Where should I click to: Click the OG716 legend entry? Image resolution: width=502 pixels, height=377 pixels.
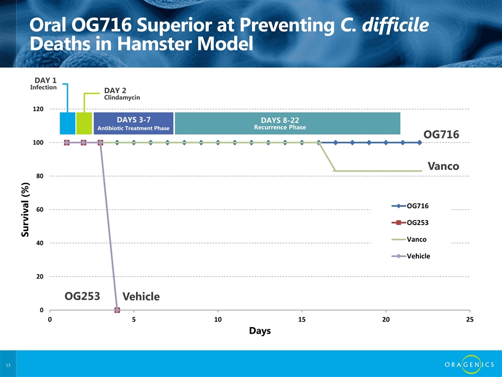tap(421, 206)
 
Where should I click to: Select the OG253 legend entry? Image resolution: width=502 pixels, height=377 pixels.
tap(421, 223)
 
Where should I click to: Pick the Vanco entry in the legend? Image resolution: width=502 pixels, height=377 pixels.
tap(416, 239)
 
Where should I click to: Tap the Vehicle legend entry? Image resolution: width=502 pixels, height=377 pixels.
tap(418, 256)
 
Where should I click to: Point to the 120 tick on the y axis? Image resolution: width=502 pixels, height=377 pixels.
tap(38, 109)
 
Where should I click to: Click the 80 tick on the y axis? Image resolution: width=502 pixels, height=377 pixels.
tap(40, 176)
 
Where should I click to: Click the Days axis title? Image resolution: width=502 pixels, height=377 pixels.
tap(259, 331)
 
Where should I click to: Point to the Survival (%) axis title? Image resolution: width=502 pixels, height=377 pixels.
tap(25, 209)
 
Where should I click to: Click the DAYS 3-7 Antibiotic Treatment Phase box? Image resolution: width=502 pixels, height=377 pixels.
tap(133, 123)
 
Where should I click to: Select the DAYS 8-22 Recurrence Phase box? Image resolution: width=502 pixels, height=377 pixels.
tap(288, 123)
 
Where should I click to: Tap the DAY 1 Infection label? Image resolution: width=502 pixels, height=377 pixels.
tap(45, 84)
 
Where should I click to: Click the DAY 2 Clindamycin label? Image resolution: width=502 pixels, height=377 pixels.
tap(122, 94)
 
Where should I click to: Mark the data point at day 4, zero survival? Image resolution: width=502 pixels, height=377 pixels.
tap(117, 310)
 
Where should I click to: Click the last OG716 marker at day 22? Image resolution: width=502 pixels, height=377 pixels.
tap(419, 142)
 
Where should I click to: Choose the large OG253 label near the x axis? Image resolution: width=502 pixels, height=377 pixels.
tap(82, 296)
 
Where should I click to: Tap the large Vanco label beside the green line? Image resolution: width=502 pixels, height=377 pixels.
tap(443, 167)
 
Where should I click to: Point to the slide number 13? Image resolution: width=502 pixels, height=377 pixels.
tap(8, 364)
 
